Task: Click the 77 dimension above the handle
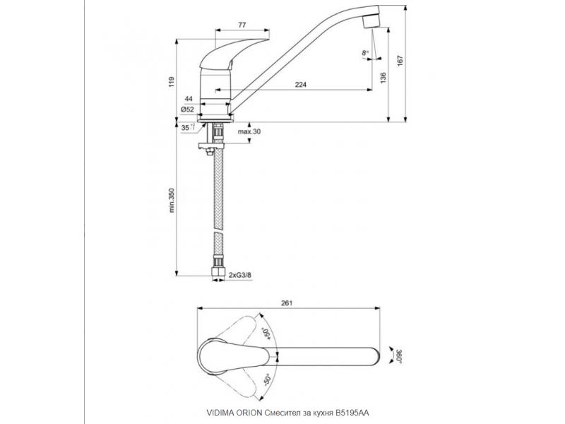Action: [242, 25]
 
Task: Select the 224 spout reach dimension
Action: [301, 84]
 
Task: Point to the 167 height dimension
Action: [400, 60]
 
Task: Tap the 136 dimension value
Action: [383, 78]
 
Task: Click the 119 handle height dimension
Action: [172, 82]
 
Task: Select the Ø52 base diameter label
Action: [187, 110]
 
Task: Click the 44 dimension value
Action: [189, 99]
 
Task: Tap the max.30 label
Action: [249, 131]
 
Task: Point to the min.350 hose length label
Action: [172, 200]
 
